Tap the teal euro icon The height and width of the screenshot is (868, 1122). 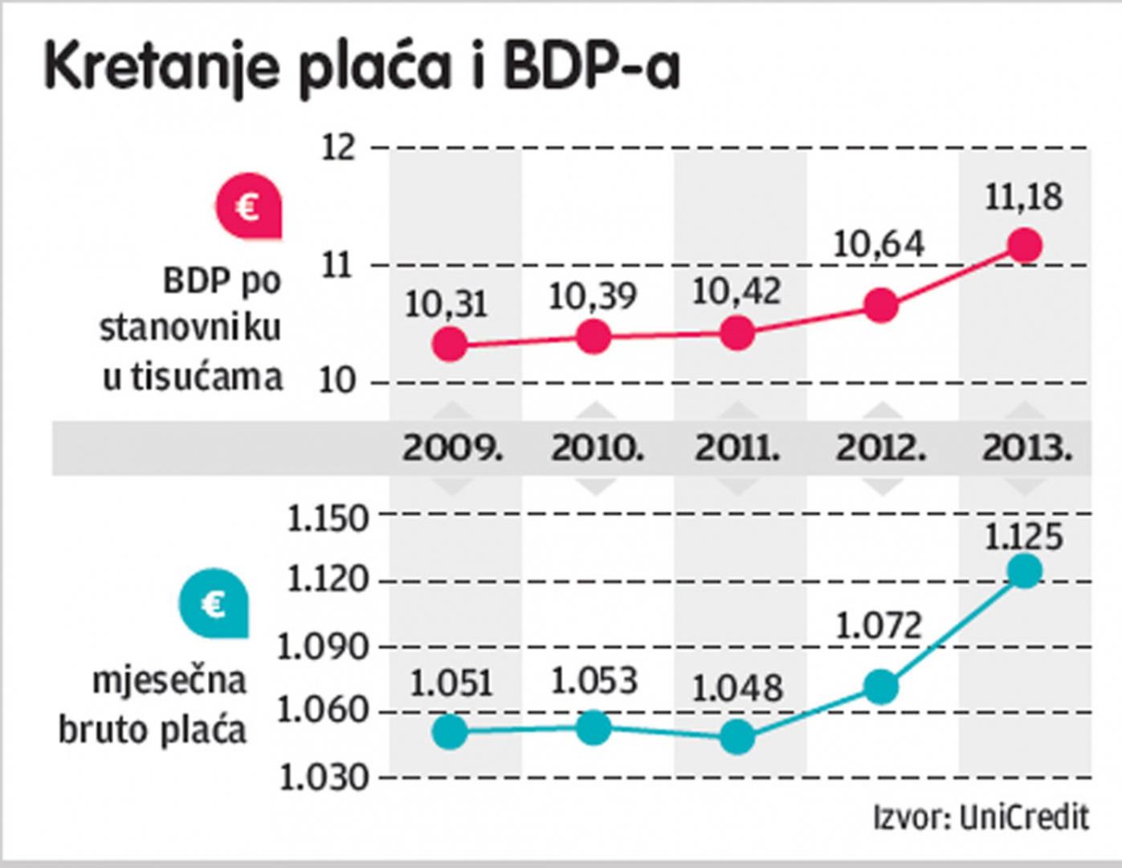(x=214, y=604)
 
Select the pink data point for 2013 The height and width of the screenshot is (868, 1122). (x=1025, y=245)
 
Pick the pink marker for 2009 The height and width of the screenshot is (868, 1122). (x=450, y=345)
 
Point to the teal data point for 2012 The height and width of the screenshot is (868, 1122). (x=881, y=687)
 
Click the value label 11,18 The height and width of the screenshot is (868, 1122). (x=1024, y=198)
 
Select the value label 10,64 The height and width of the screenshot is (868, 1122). (x=879, y=244)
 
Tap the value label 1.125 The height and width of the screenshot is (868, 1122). (x=1024, y=537)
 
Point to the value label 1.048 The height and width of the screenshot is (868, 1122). (x=737, y=689)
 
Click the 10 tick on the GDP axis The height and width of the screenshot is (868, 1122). (x=337, y=383)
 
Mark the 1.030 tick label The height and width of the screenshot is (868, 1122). (x=324, y=778)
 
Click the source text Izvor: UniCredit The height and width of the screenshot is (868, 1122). (x=981, y=818)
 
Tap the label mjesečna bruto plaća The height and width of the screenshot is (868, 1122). (x=153, y=706)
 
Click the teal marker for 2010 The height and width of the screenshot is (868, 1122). (x=593, y=728)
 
